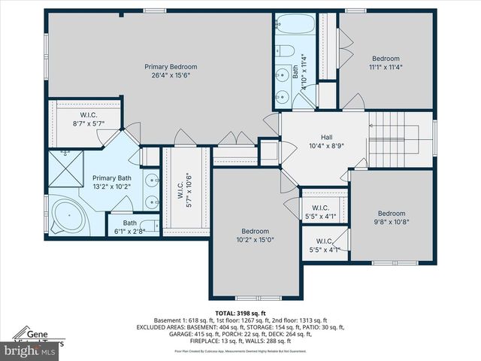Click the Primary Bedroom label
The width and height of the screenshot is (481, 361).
[165, 67]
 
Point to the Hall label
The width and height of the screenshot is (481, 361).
[326, 137]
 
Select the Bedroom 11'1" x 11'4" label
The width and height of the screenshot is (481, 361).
[386, 59]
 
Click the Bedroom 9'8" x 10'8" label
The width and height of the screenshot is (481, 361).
[391, 213]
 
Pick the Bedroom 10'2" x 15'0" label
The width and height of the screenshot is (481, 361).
[254, 231]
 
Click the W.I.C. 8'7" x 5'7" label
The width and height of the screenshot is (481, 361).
[88, 115]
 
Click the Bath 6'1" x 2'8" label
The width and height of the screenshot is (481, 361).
[129, 223]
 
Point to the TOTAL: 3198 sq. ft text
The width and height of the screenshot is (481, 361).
[240, 313]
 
